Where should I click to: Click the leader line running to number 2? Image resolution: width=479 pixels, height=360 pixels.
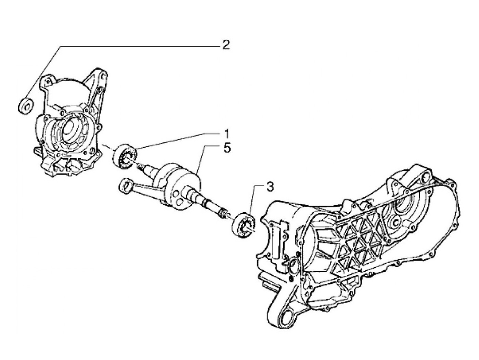(137, 46)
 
